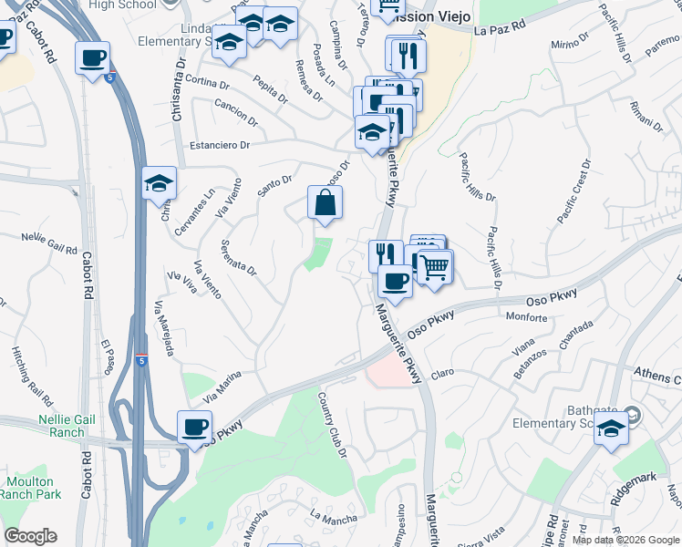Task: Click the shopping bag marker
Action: tap(325, 204)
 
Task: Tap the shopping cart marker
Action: tap(436, 267)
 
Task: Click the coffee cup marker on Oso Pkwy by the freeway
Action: tap(194, 428)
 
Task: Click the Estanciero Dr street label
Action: tap(220, 145)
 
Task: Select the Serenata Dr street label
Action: tap(239, 258)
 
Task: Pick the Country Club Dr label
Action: tap(332, 425)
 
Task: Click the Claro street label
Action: tap(442, 373)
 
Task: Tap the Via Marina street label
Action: tap(222, 387)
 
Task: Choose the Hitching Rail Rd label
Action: tap(23, 368)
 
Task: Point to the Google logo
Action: tap(30, 536)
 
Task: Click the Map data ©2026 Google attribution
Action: tap(625, 540)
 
